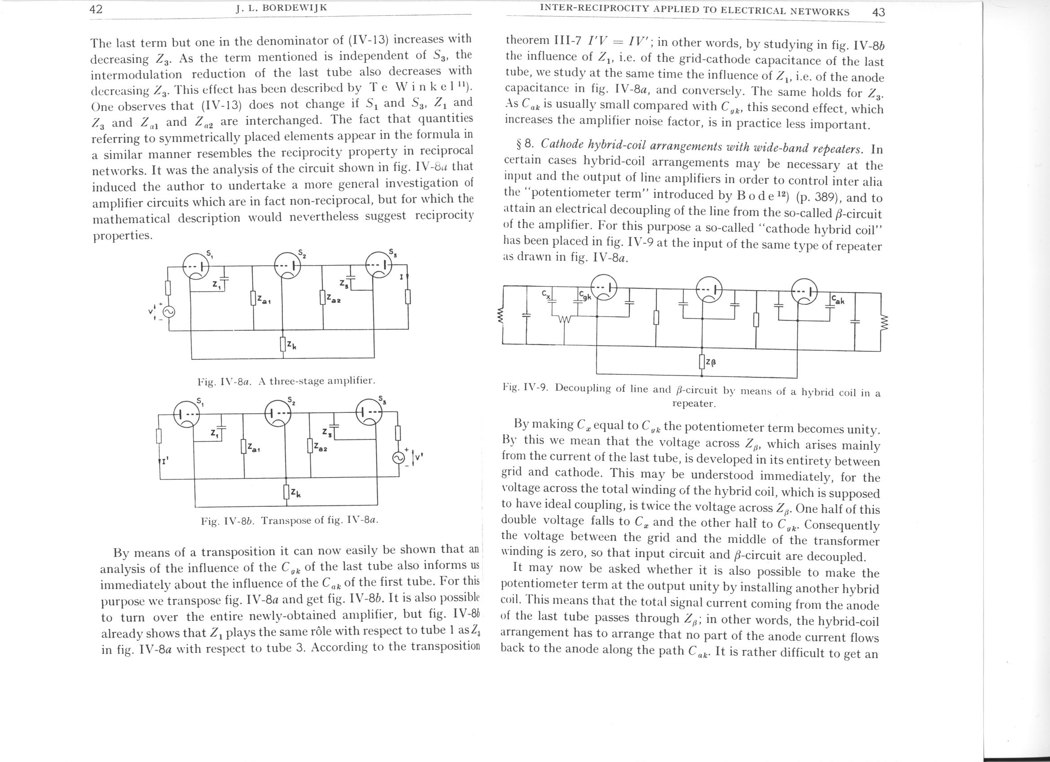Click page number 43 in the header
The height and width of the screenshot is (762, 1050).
tap(878, 12)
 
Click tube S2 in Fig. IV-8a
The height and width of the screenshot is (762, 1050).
tap(287, 266)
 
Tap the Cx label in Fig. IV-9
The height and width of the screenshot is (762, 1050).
tap(546, 294)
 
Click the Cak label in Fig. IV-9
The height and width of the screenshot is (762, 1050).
tap(838, 300)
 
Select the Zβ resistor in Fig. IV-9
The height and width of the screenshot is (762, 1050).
tap(702, 361)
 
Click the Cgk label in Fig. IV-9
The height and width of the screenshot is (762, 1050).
tap(585, 296)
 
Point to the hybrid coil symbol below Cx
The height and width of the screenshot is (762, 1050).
tap(564, 319)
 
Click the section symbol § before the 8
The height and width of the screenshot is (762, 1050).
tap(519, 144)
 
